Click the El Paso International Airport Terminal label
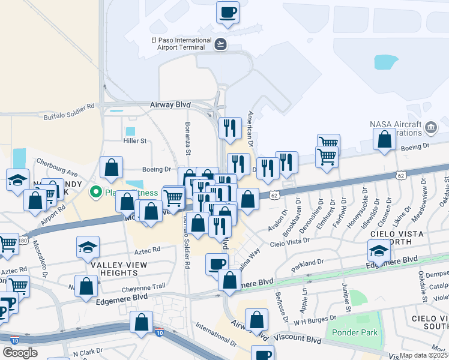(180, 45)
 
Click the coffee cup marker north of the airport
(228, 13)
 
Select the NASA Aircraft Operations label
(396, 128)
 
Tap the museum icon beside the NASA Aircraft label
(430, 127)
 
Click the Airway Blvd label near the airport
(170, 104)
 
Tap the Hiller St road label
(134, 141)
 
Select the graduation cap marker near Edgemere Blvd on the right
(379, 250)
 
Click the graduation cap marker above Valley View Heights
(88, 247)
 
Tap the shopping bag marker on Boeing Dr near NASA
(384, 139)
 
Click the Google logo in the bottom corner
(19, 353)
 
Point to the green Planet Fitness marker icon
(95, 193)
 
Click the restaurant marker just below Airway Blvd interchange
(230, 128)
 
